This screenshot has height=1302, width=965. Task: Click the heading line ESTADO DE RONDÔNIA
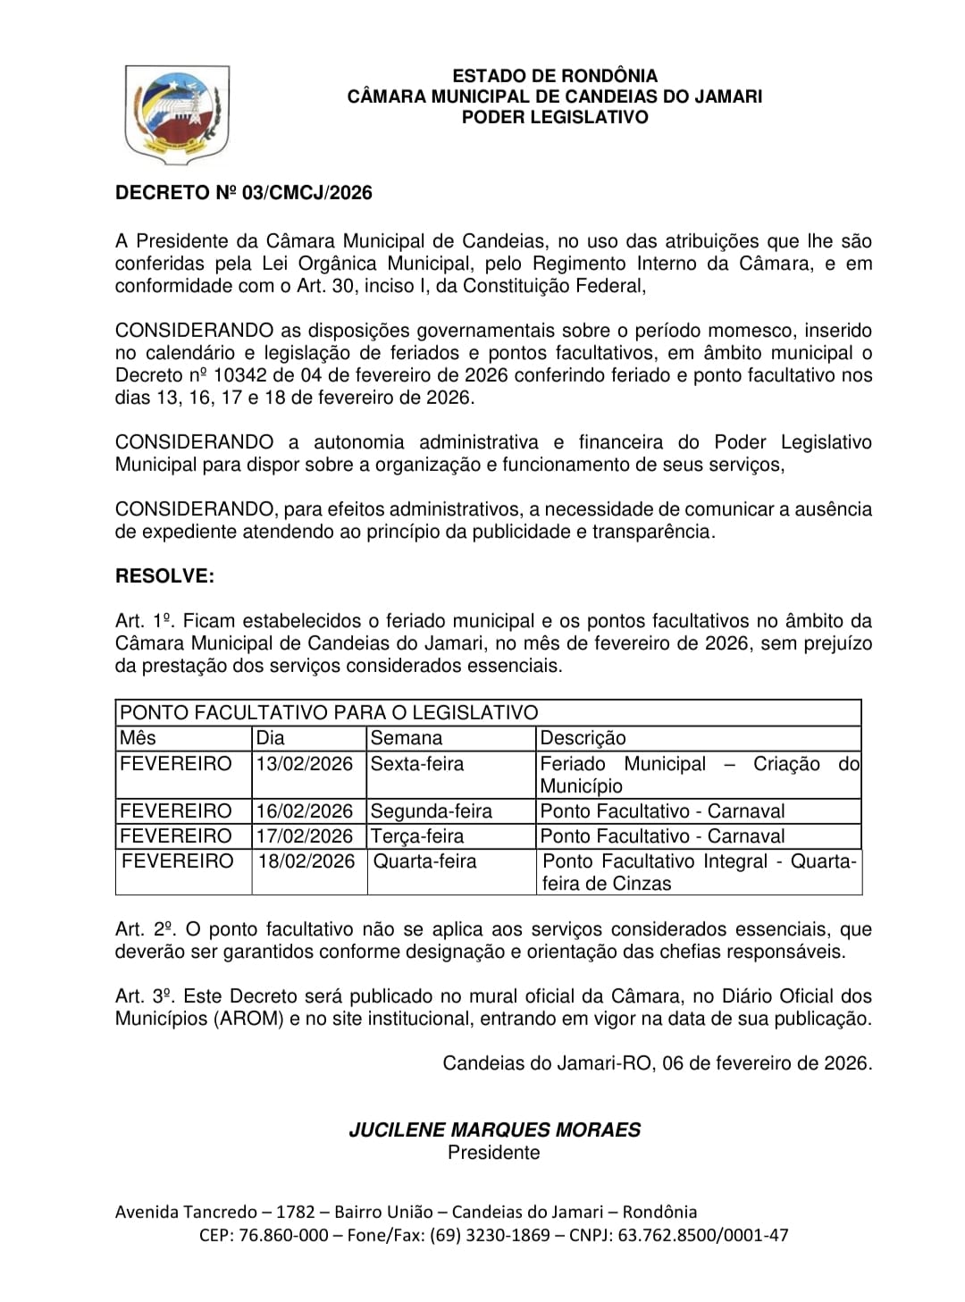pyautogui.click(x=554, y=76)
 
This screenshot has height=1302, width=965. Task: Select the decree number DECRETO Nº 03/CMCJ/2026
pyautogui.click(x=243, y=193)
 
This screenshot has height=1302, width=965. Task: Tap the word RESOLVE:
pyautogui.click(x=164, y=576)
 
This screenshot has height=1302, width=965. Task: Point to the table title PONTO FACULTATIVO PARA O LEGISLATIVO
pyautogui.click(x=329, y=712)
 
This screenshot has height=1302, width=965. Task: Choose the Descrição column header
pyautogui.click(x=583, y=738)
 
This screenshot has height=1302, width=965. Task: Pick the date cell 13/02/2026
pyautogui.click(x=305, y=764)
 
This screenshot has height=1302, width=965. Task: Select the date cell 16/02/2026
pyautogui.click(x=305, y=811)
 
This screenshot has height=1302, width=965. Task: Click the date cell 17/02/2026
pyautogui.click(x=305, y=836)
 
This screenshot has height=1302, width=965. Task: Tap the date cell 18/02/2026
pyautogui.click(x=306, y=861)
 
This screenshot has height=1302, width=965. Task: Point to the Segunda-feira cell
pyautogui.click(x=431, y=811)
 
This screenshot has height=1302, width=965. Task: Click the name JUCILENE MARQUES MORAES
pyautogui.click(x=494, y=1130)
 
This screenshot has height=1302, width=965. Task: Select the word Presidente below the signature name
pyautogui.click(x=494, y=1153)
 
